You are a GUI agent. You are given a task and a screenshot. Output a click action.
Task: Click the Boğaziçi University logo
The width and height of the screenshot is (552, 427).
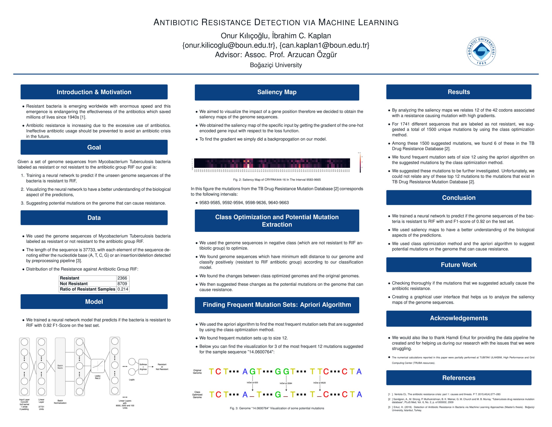click(x=481, y=51)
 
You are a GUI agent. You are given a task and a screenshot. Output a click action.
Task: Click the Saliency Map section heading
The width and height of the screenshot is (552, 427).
click(x=277, y=92)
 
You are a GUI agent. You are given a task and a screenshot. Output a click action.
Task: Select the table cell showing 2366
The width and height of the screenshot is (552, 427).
click(x=122, y=278)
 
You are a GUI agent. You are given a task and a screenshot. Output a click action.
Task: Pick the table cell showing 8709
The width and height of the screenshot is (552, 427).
click(x=122, y=283)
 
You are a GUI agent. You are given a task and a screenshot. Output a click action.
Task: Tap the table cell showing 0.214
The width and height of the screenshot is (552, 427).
click(x=123, y=289)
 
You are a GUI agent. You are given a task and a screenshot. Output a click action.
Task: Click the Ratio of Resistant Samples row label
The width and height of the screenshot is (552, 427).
click(x=87, y=289)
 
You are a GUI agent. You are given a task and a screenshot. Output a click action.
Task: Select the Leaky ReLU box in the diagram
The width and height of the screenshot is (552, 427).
click(x=98, y=366)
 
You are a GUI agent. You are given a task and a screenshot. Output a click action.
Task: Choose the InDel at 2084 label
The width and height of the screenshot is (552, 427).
click(x=286, y=383)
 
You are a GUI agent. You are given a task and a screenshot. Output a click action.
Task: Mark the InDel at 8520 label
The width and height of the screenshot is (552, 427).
click(x=320, y=383)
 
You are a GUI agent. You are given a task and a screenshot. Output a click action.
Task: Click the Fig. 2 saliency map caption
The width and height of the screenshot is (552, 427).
click(x=277, y=180)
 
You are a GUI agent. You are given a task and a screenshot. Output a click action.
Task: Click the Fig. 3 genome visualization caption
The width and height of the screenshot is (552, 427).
click(x=277, y=408)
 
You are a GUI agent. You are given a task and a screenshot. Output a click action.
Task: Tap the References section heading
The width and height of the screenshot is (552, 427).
click(x=459, y=378)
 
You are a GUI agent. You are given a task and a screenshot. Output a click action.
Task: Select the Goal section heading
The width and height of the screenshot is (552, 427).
click(x=94, y=147)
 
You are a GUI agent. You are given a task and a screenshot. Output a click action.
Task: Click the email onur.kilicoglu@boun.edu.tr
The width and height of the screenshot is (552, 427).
click(x=229, y=45)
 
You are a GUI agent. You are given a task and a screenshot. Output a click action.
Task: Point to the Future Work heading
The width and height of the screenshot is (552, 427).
click(x=459, y=265)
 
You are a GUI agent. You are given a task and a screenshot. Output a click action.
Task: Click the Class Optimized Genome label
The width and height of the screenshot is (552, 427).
click(x=197, y=395)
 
